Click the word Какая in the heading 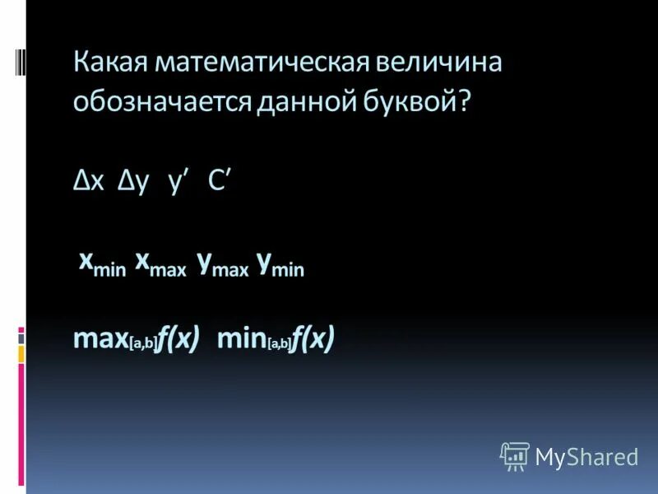109,65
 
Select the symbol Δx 89,184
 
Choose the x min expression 102,265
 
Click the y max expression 222,266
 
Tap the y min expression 280,266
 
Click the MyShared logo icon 514,456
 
